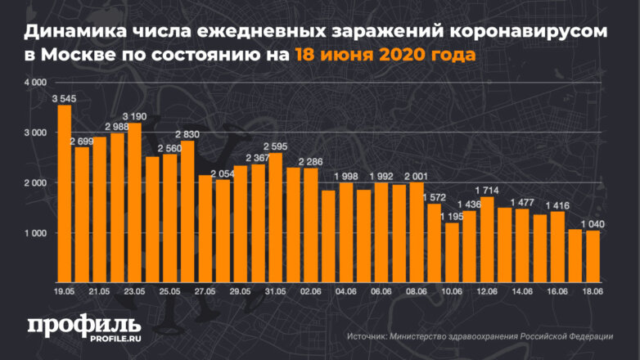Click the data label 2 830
coord(187,134)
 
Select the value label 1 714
coord(487,190)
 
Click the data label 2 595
coord(275,146)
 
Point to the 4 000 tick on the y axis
coord(35,83)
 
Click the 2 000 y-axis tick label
coord(35,183)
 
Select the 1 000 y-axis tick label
coord(35,234)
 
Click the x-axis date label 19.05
coord(64,291)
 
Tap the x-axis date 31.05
coord(275,291)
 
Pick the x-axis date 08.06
coord(415,291)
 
